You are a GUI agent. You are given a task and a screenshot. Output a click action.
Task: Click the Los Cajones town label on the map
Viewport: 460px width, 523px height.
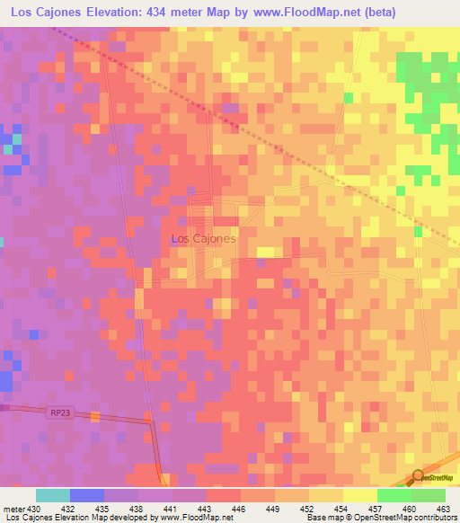point(203,239)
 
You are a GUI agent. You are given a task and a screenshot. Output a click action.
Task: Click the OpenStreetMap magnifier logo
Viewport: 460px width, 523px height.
point(419,476)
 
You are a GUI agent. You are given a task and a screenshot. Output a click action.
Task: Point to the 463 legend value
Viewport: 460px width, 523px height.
point(443,509)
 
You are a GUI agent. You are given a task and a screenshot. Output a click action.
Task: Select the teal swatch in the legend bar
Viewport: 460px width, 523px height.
point(53,495)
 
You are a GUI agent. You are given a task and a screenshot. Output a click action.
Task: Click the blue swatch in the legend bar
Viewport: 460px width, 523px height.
point(87,495)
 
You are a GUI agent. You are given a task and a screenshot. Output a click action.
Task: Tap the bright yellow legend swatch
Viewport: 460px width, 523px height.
point(360,495)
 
